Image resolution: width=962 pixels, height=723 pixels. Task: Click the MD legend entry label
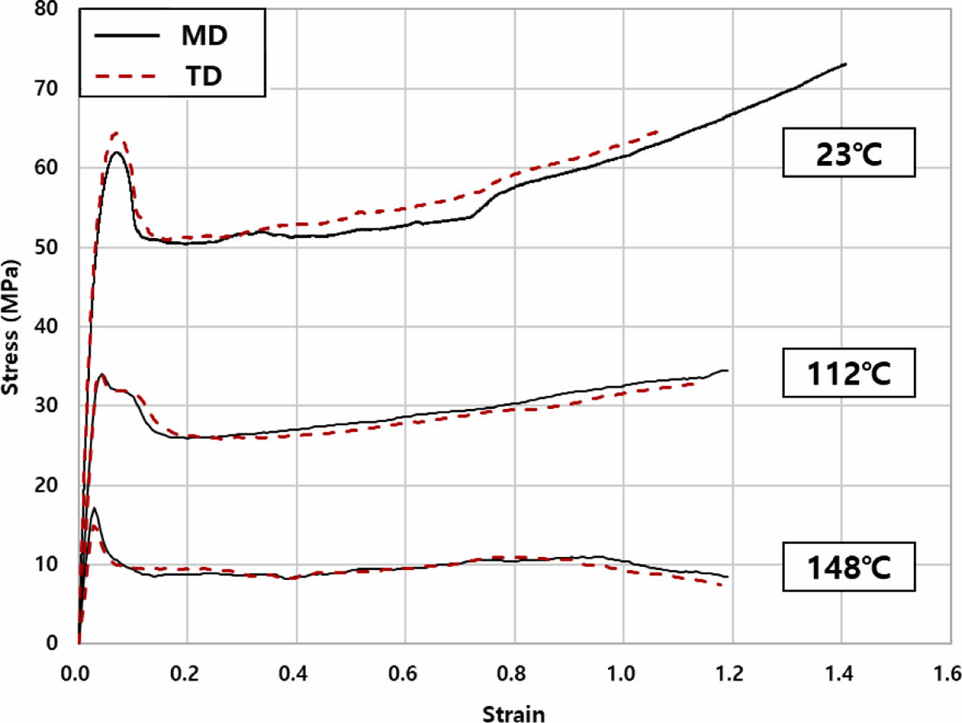coord(204,35)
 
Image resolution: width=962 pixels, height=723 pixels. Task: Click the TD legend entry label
coord(204,75)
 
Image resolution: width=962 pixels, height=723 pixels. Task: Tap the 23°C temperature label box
coord(848,153)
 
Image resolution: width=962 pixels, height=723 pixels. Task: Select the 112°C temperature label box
coord(848,373)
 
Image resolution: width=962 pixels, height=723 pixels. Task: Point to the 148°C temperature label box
coord(848,567)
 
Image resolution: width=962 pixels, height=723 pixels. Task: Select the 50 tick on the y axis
coord(46,247)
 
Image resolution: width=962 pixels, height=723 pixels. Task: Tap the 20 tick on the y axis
coord(46,484)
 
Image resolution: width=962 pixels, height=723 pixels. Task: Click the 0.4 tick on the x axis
coord(294,674)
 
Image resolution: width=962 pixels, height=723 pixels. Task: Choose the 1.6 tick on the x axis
coord(947,674)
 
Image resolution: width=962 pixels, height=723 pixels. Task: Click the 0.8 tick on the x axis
coord(512,674)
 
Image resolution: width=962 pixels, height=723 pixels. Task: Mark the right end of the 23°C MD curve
coord(846,64)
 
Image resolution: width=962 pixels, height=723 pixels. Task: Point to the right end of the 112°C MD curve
coord(727,370)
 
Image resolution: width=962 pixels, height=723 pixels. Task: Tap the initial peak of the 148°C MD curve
coord(94,508)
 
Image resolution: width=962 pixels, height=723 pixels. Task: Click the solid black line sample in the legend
coord(126,35)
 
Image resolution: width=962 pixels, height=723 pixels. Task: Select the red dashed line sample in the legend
coord(126,75)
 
